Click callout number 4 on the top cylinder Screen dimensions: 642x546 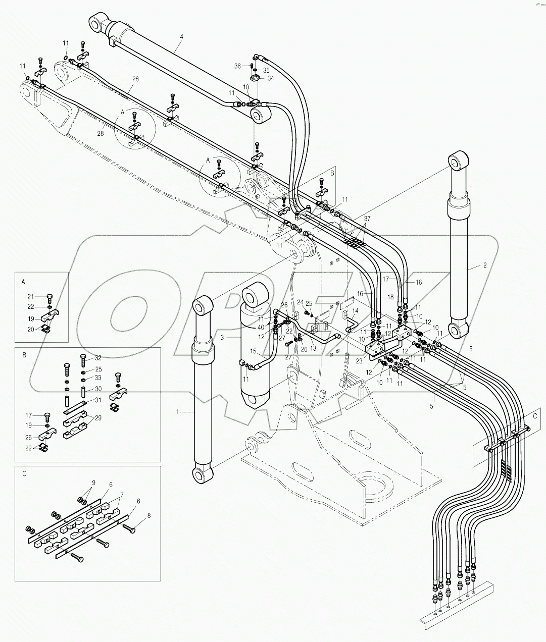coord(182,36)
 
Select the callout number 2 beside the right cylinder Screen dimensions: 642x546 coord(485,264)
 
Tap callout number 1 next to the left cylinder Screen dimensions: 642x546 coord(177,412)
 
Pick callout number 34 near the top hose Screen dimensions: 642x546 coord(270,78)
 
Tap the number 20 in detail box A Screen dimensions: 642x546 coord(31,329)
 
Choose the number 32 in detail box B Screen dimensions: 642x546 coord(98,357)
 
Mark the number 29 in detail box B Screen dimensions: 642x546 coord(98,418)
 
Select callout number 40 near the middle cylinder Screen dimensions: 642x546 coord(260,327)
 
